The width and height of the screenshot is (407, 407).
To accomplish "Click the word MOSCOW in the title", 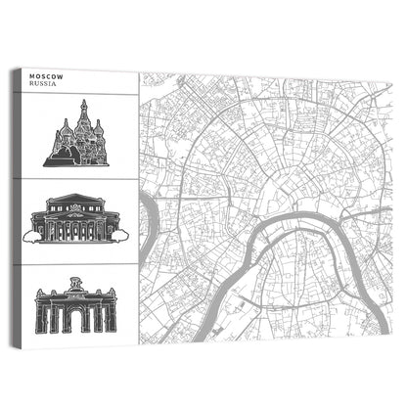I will pos(44,75).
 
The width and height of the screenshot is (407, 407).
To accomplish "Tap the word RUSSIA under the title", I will pos(43,84).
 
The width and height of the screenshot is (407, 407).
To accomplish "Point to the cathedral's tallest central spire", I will pos(83,105).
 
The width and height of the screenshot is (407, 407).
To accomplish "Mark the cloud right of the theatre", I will pos(119,234).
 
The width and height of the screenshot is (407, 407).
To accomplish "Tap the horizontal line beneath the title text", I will pos(76,91).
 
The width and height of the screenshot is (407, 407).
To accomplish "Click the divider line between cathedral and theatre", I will pos(76,178).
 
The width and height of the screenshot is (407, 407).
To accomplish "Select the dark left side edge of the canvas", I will pos(14,205).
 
